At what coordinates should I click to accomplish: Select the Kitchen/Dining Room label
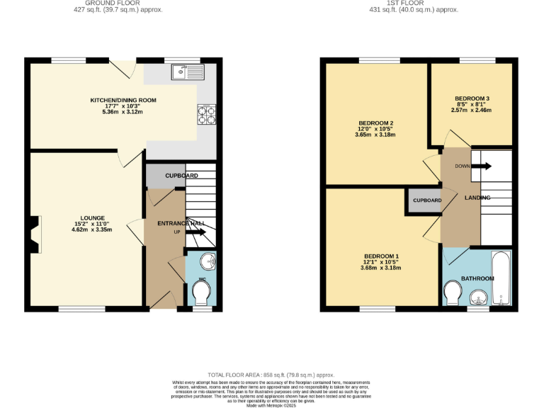point(123,101)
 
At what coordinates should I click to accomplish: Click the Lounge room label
point(93,217)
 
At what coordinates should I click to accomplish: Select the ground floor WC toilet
point(202,292)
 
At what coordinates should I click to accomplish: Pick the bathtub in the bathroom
point(501,279)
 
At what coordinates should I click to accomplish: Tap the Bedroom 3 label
point(472,98)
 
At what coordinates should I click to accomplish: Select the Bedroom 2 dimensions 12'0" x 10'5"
point(375,129)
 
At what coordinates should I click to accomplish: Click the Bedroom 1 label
point(382,256)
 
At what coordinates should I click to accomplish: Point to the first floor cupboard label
point(427,200)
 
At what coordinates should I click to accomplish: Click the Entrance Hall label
point(181,223)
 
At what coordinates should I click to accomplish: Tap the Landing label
point(477,198)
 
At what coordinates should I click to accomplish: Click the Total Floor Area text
point(271,375)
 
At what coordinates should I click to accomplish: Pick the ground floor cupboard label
point(181,176)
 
